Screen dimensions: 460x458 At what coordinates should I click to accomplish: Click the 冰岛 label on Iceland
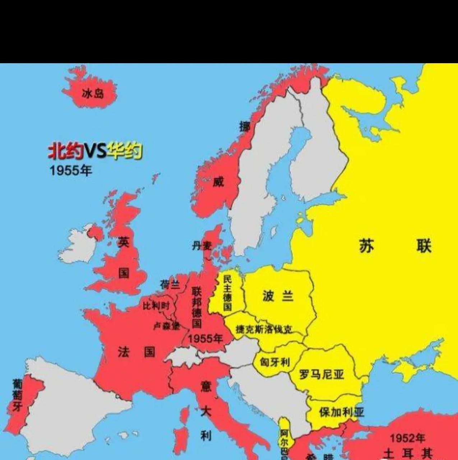pyautogui.click(x=93, y=94)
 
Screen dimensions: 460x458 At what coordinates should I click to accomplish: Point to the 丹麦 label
pyautogui.click(x=202, y=246)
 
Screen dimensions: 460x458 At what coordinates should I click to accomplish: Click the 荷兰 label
pyautogui.click(x=170, y=285)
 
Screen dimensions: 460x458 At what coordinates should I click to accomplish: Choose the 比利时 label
pyautogui.click(x=156, y=306)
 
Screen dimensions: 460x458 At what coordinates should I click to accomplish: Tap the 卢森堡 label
pyautogui.click(x=166, y=326)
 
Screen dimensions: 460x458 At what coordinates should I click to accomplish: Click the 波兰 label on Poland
pyautogui.click(x=278, y=296)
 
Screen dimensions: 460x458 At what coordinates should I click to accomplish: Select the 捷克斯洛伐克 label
pyautogui.click(x=264, y=329)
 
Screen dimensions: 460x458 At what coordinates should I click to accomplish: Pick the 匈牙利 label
pyautogui.click(x=275, y=362)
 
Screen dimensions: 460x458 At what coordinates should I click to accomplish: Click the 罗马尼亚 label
pyautogui.click(x=321, y=374)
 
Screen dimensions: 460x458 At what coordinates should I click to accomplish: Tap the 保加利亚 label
pyautogui.click(x=341, y=412)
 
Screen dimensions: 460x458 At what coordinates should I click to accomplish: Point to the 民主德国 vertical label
pyautogui.click(x=227, y=293)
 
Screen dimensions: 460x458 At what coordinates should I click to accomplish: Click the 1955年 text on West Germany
pyautogui.click(x=205, y=338)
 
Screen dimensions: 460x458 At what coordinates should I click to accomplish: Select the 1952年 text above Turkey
pyautogui.click(x=407, y=438)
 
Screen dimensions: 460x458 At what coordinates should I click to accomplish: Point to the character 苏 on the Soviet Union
pyautogui.click(x=366, y=247)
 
